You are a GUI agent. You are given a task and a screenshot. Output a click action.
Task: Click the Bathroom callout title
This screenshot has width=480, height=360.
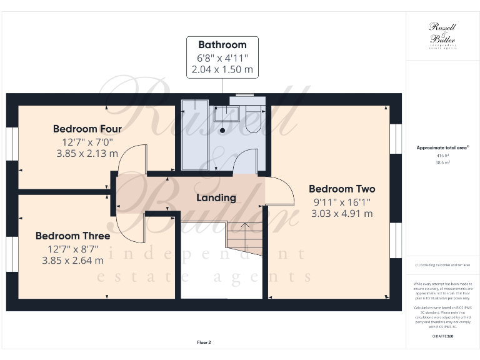tap(222, 45)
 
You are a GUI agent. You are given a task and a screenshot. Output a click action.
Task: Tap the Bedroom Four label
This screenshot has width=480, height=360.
tap(87, 129)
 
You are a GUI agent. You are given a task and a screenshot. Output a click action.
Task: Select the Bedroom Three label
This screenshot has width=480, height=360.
tap(72, 236)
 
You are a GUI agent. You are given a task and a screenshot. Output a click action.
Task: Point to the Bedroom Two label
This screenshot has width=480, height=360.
tap(342, 189)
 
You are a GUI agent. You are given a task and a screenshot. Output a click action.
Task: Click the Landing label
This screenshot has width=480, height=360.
tap(216, 197)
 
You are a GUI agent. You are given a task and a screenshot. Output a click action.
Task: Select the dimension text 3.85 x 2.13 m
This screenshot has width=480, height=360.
tap(87, 153)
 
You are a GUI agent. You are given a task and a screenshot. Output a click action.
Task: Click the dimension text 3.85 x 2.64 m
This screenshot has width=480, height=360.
tap(72, 260)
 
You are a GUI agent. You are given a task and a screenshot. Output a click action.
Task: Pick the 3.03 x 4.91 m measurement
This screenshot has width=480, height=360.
tap(342, 213)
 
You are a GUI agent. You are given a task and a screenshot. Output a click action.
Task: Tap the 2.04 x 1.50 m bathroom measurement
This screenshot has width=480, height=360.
tap(222, 69)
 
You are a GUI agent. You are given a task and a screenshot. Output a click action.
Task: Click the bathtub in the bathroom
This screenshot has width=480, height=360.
tap(197, 134)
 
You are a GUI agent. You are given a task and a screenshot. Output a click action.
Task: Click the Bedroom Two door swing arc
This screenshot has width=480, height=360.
tap(282, 191)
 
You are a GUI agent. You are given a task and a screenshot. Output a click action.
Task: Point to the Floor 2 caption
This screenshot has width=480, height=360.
tap(204, 342)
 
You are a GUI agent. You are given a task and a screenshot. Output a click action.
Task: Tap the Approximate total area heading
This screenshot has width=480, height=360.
tap(442, 147)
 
